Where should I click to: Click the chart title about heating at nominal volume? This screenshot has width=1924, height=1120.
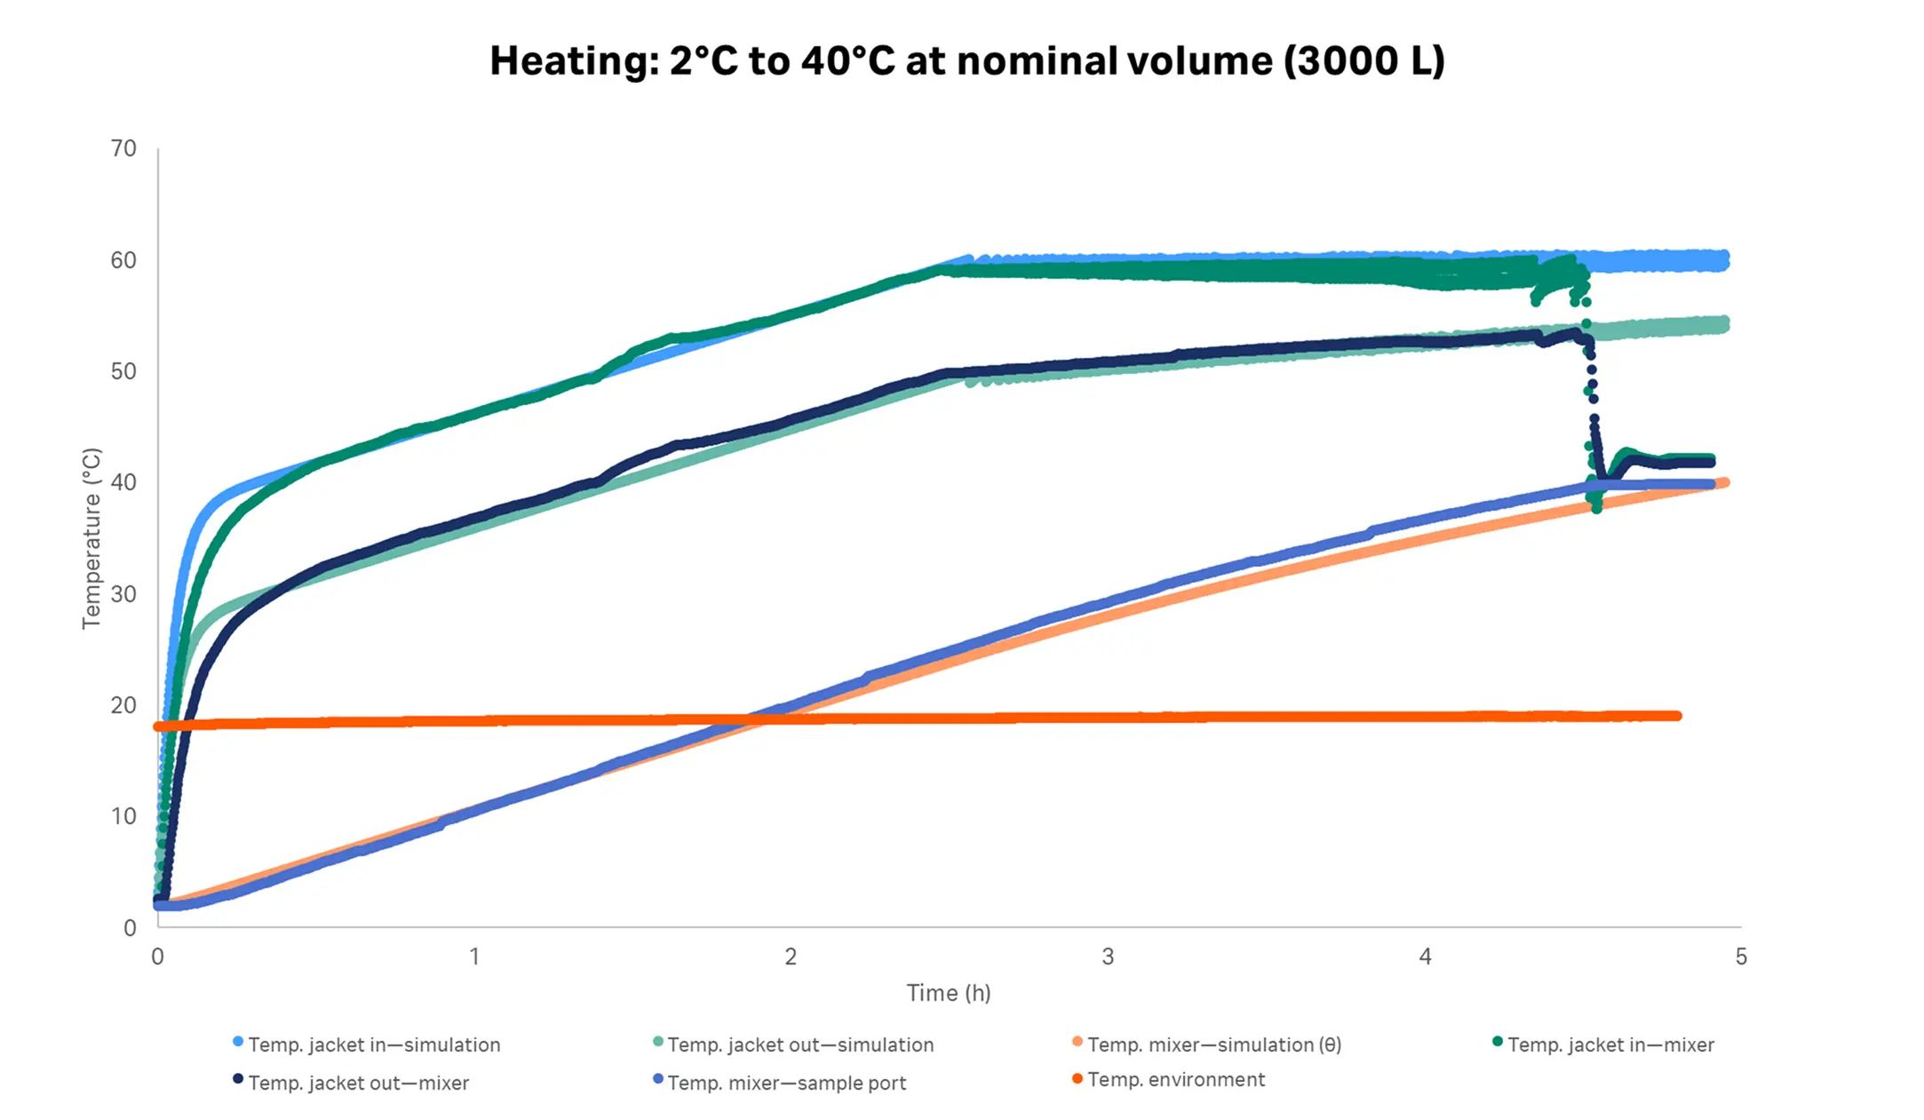(x=967, y=61)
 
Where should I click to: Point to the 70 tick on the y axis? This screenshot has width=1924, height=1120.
(x=123, y=148)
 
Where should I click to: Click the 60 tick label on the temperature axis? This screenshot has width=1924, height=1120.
(x=123, y=260)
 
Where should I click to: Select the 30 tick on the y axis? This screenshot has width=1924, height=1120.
(x=123, y=594)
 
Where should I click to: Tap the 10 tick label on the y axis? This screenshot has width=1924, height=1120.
(x=123, y=816)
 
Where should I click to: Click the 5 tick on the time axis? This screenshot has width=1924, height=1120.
(x=1740, y=957)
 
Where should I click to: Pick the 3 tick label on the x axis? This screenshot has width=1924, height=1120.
(x=1108, y=957)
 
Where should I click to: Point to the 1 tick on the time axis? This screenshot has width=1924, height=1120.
(x=474, y=957)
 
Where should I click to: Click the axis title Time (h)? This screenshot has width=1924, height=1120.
(x=948, y=993)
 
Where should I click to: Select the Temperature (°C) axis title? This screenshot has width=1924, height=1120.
(x=91, y=538)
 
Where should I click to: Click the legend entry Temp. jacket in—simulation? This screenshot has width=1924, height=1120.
(x=374, y=1045)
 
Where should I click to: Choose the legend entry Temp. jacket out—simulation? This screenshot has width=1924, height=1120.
(x=800, y=1045)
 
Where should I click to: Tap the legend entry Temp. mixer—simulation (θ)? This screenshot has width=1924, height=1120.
(x=1213, y=1045)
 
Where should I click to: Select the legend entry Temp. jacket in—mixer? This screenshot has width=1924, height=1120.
(x=1610, y=1045)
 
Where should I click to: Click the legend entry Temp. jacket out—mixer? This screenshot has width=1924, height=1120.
(x=358, y=1083)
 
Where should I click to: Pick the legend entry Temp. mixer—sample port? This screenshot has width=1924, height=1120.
(x=786, y=1083)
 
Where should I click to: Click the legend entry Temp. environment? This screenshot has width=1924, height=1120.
(x=1175, y=1079)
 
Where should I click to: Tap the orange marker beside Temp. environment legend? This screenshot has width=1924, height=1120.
(x=1077, y=1078)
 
